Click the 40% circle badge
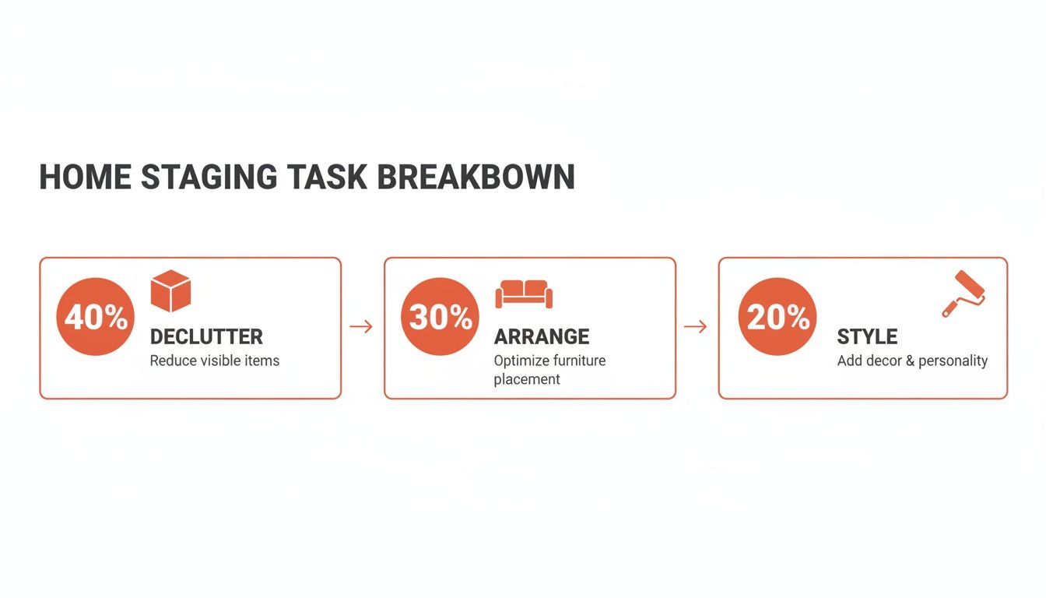coord(95,317)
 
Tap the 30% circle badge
coord(440,317)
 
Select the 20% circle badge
coord(777,317)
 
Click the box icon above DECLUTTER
coord(170,291)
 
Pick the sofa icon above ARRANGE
coord(524,294)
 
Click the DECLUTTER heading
coord(206,337)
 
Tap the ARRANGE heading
coord(542,337)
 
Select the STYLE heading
coord(867,337)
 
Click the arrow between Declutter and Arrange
coord(361,326)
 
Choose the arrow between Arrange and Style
coord(695,326)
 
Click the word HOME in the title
coord(85,178)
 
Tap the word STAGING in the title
coord(209,178)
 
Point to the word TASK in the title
coord(326,178)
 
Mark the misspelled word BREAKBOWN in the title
coord(476,178)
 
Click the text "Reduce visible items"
coord(214,361)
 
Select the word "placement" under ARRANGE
coord(527,379)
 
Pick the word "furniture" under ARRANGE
coord(578,361)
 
